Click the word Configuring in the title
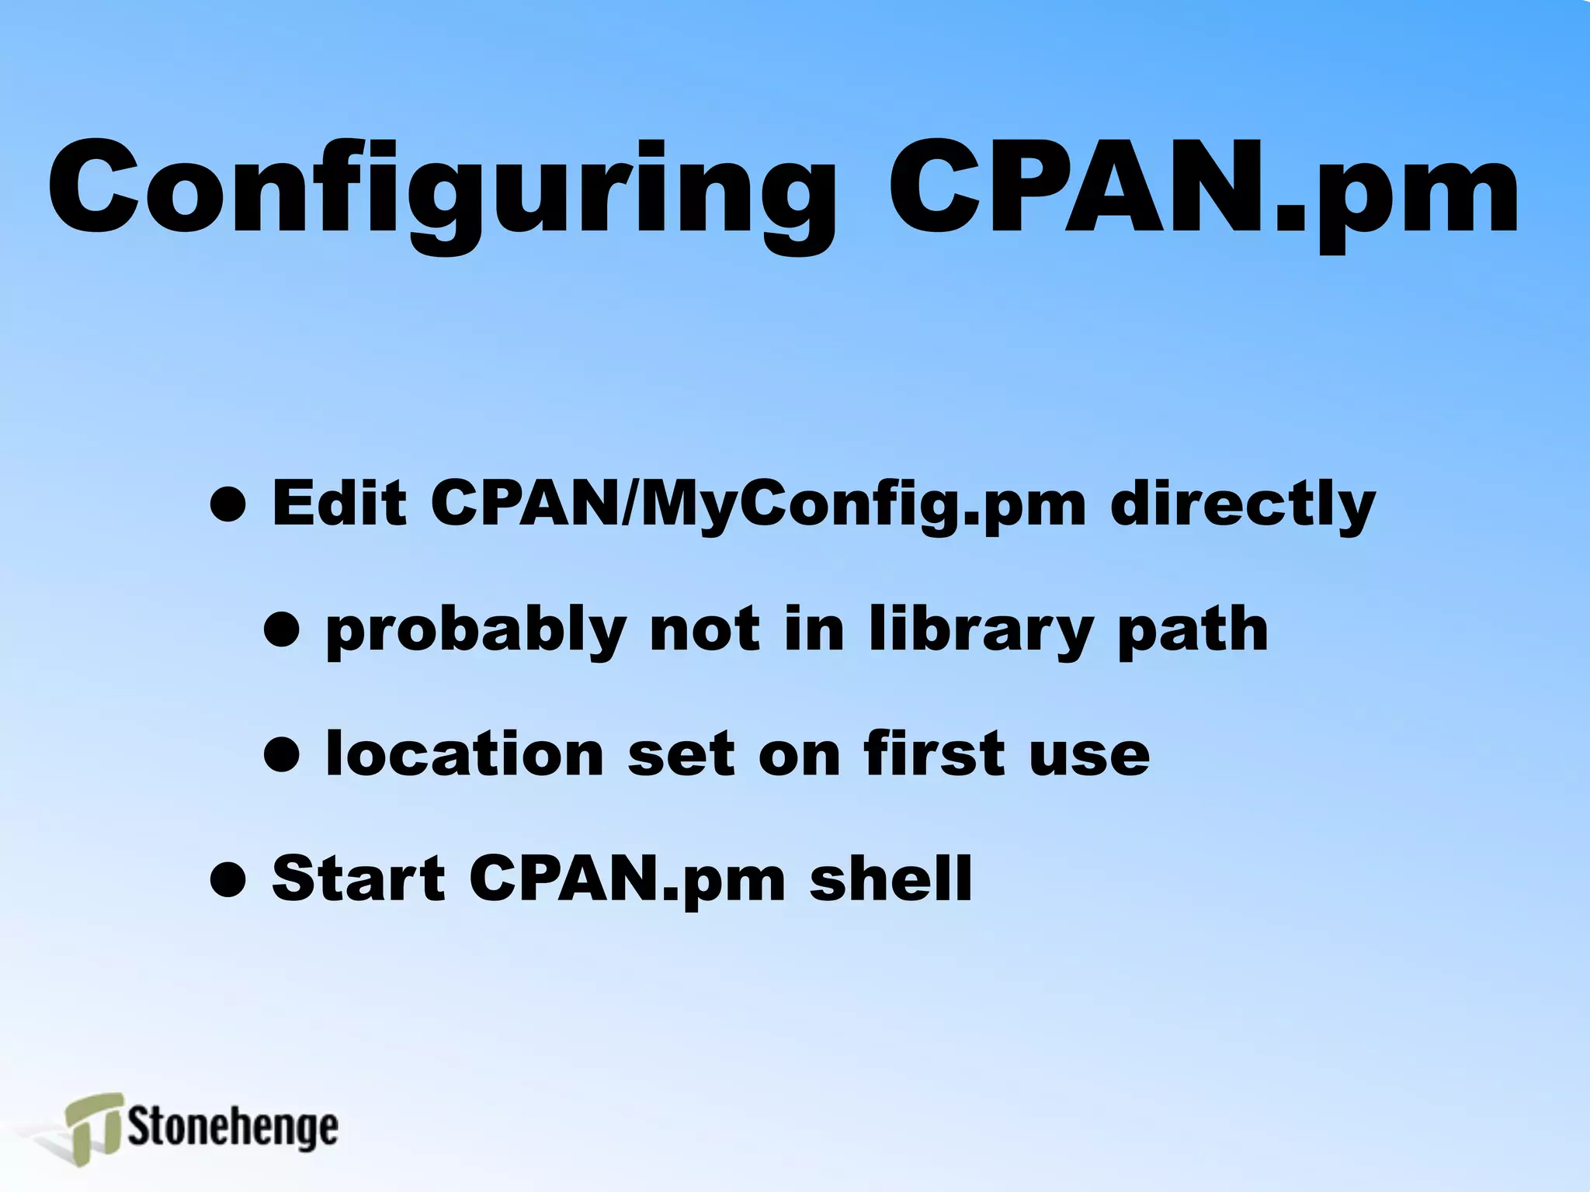441,190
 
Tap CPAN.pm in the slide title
1203,190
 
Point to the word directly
1243,504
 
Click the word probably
476,629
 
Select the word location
465,754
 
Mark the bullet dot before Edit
229,505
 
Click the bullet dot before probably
282,629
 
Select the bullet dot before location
282,754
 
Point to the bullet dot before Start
229,879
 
